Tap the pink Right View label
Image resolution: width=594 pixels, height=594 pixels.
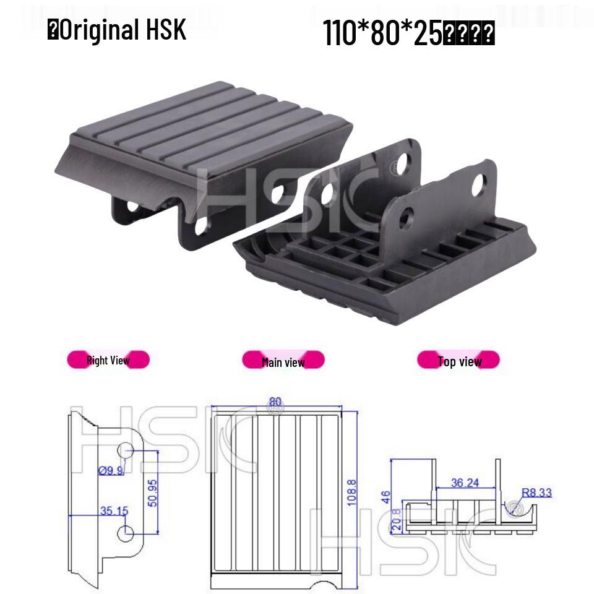tap(108, 360)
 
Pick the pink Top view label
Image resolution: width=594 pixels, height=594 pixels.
tap(459, 361)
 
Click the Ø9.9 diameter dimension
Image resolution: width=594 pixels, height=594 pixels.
tap(111, 471)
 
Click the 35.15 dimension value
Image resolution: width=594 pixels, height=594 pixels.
tap(114, 510)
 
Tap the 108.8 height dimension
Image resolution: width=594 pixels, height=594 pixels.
tap(351, 493)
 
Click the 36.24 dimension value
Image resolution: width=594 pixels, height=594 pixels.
tap(465, 483)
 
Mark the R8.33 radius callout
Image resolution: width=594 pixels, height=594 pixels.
tap(536, 493)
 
